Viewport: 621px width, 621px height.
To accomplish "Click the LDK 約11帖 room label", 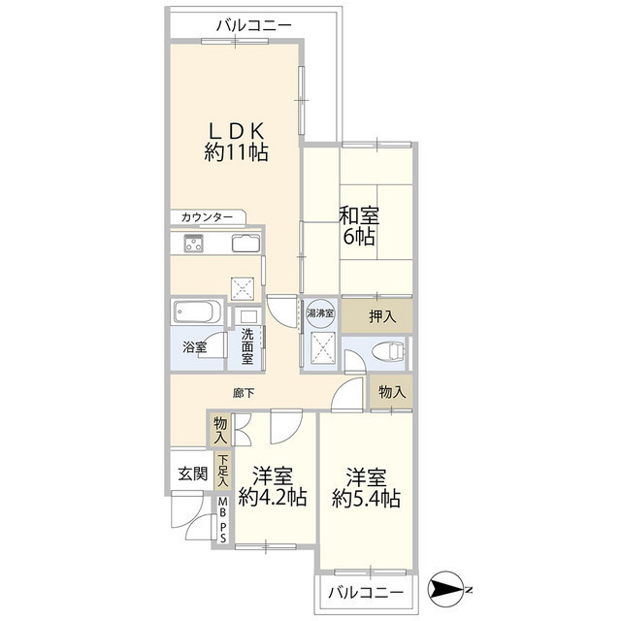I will [x=236, y=142].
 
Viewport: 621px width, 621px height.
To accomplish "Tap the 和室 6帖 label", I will [x=358, y=225].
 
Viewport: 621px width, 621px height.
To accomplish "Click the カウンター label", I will [x=206, y=217].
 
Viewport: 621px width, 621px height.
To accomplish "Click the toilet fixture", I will [x=391, y=349].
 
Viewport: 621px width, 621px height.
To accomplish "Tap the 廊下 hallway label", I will [x=245, y=393].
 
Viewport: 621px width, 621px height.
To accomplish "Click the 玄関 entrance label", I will [x=192, y=474].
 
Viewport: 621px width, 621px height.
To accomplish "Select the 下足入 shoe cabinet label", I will [x=222, y=471].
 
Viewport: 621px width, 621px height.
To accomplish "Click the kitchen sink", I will [x=245, y=244].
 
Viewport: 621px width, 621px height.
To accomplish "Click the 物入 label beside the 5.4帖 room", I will [x=392, y=392].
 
